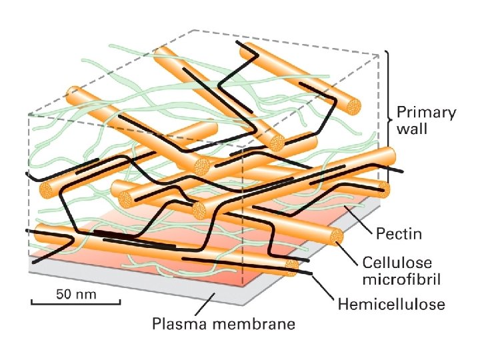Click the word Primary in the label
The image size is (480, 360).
coord(427,112)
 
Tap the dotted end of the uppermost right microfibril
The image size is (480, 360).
coord(352,105)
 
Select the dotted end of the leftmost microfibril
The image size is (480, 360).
coord(46,191)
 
